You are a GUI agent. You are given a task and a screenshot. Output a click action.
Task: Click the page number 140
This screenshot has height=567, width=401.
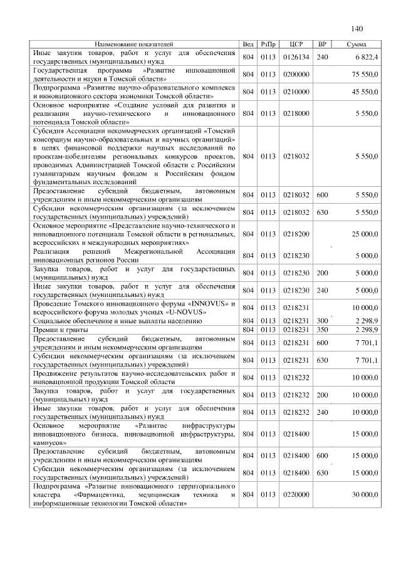357,29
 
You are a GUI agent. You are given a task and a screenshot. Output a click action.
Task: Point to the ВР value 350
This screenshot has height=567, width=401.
323,329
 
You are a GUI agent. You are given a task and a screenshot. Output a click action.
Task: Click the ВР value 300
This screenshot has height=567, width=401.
323,320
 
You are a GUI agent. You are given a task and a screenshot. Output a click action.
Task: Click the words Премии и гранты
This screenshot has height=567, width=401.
60,329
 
